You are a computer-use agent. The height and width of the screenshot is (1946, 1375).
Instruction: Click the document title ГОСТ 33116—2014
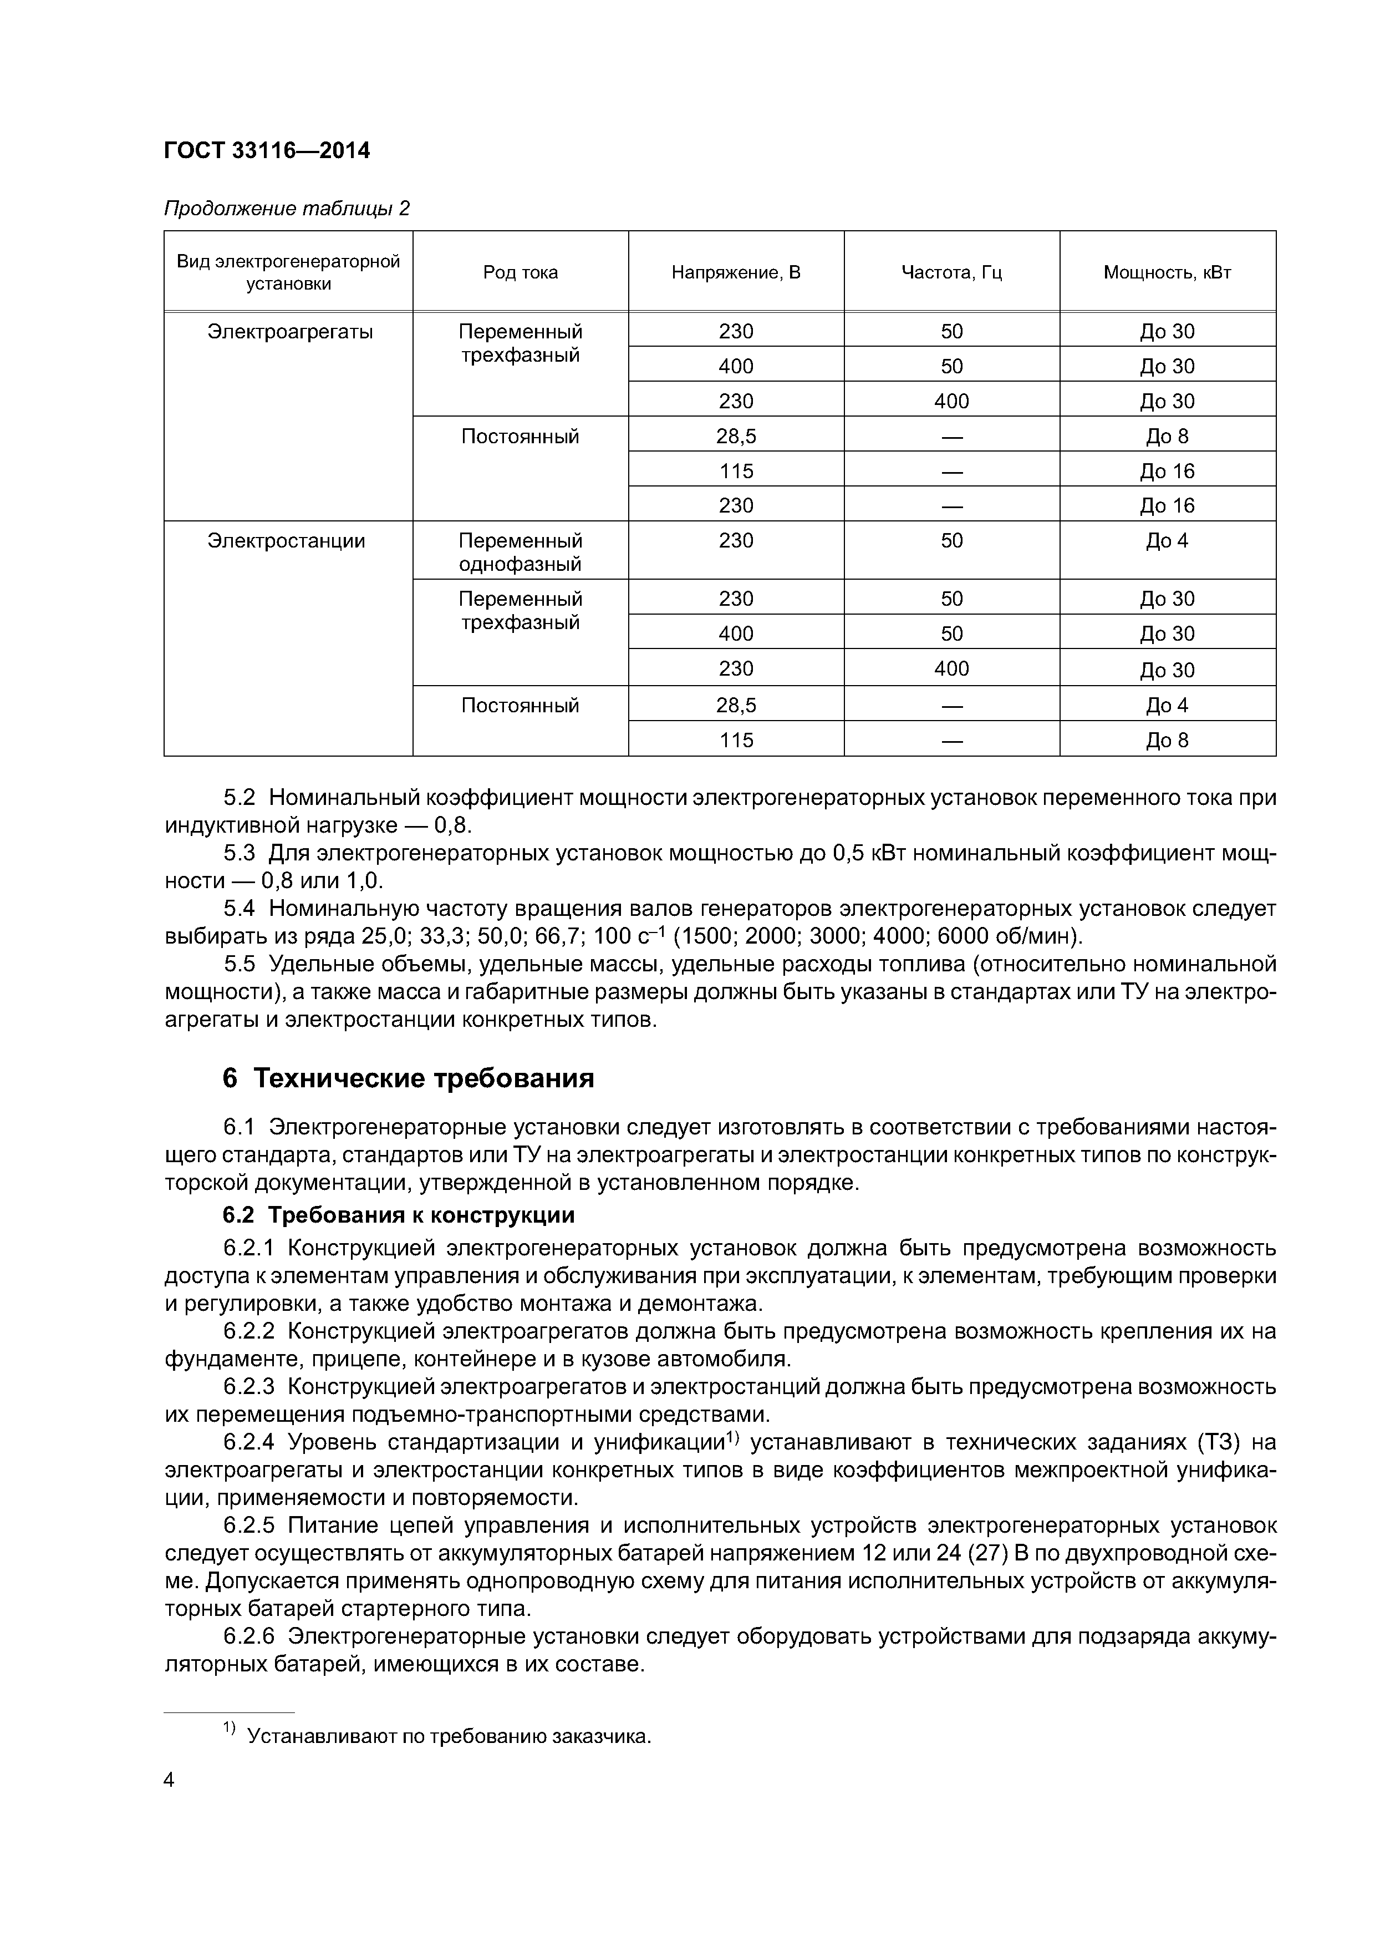coord(266,151)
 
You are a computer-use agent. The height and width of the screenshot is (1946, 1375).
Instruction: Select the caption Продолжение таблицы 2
coord(286,209)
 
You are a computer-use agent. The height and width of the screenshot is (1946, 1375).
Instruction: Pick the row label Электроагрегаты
coord(290,331)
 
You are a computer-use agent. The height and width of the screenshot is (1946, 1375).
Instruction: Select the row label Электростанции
coord(286,541)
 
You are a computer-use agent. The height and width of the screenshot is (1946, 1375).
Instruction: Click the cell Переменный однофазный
coord(520,552)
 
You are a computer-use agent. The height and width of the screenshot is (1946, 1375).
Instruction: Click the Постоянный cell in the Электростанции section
coord(520,705)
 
